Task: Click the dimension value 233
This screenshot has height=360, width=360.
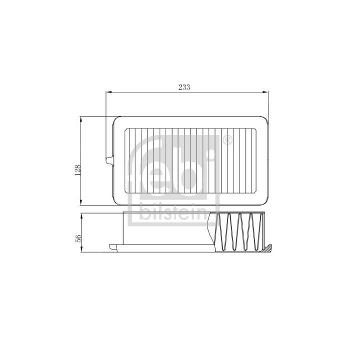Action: (184, 86)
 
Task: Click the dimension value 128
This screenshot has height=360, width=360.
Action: (77, 170)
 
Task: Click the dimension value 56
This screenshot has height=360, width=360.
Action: (78, 238)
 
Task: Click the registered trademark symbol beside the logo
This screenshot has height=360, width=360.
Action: (226, 140)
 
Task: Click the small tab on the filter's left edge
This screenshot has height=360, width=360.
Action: (110, 160)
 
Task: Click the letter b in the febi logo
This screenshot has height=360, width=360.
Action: (187, 170)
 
